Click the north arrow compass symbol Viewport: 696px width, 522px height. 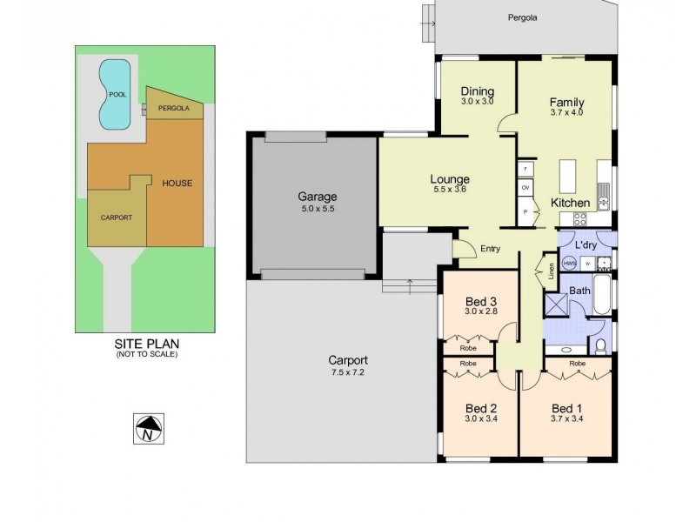click(x=150, y=427)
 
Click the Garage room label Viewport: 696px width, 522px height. click(x=317, y=197)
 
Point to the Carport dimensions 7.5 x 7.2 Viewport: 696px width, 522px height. click(x=348, y=373)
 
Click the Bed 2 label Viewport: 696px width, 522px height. click(x=480, y=408)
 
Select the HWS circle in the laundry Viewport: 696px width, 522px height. click(x=569, y=262)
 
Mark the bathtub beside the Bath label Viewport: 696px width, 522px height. click(x=602, y=298)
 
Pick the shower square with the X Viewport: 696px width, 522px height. click(x=556, y=304)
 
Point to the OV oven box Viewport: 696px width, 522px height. click(x=525, y=187)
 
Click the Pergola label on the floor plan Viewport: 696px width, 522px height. click(x=523, y=17)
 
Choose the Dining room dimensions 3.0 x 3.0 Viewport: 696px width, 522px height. click(x=477, y=102)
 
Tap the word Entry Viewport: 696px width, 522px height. click(x=491, y=249)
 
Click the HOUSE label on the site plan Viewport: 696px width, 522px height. click(x=177, y=183)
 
